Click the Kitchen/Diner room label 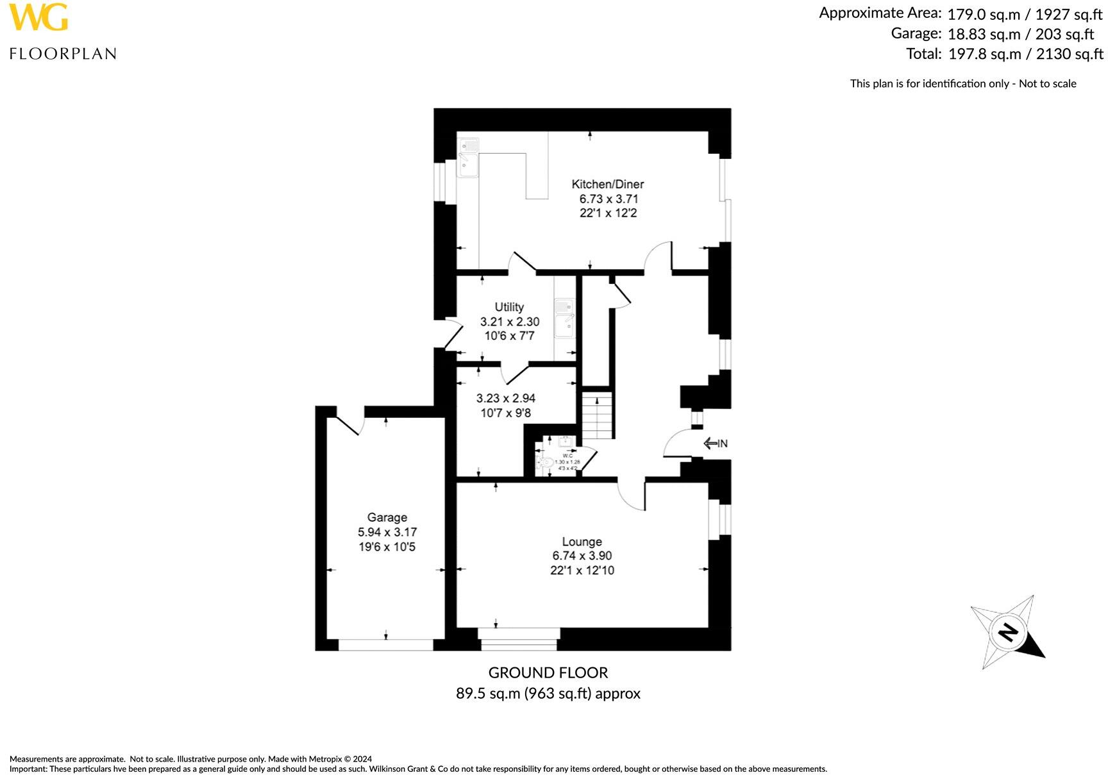(x=607, y=184)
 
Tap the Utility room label (x=509, y=307)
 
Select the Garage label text (x=387, y=517)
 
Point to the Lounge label (x=582, y=542)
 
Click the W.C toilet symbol (x=547, y=462)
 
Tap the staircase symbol (x=598, y=415)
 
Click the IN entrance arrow (x=715, y=443)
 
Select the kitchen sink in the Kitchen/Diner (x=469, y=157)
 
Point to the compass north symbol (x=1007, y=632)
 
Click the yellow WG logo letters (x=38, y=17)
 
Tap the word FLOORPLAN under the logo (x=63, y=54)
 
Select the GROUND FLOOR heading (x=548, y=672)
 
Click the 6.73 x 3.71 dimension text (x=609, y=199)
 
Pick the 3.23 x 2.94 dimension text (x=506, y=398)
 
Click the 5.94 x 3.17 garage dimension (x=387, y=532)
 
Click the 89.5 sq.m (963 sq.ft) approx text (x=548, y=693)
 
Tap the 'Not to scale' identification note (x=962, y=83)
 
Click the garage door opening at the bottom (x=386, y=644)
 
